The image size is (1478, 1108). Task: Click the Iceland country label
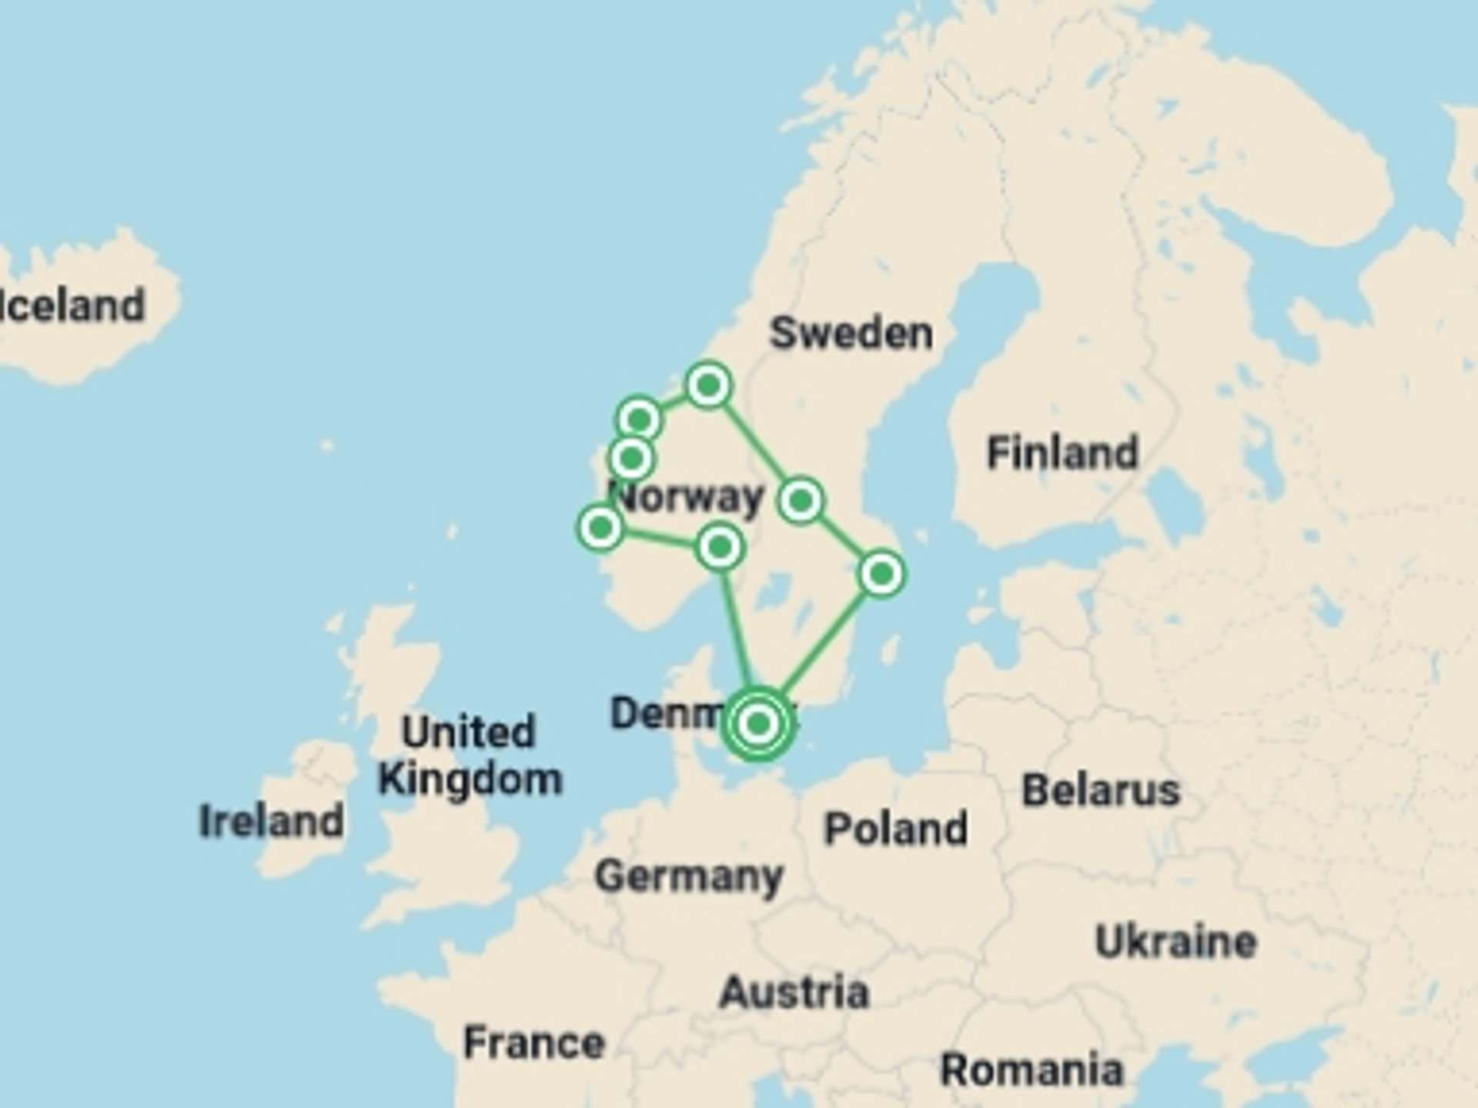(73, 305)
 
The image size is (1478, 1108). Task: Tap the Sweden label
(851, 333)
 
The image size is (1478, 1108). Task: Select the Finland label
(1062, 452)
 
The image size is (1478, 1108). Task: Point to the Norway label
(690, 497)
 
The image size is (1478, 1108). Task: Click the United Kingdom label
(470, 755)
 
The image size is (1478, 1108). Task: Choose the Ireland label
(271, 821)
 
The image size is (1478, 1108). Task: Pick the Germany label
(689, 876)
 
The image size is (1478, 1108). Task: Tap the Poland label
(896, 829)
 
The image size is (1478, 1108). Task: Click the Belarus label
(1101, 790)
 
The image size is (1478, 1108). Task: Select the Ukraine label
(1175, 942)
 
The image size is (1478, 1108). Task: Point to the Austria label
(794, 992)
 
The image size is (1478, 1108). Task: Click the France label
(534, 1043)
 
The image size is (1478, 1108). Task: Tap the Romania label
(1032, 1070)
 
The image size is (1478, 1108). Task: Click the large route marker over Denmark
(758, 723)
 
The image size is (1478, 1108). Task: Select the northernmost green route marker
(708, 384)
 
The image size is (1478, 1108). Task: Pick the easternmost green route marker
(881, 573)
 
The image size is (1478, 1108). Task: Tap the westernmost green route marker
(600, 528)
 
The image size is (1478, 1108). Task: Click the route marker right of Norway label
(801, 501)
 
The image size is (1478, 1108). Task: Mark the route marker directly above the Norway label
(631, 459)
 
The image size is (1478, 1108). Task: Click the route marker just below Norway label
(720, 547)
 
